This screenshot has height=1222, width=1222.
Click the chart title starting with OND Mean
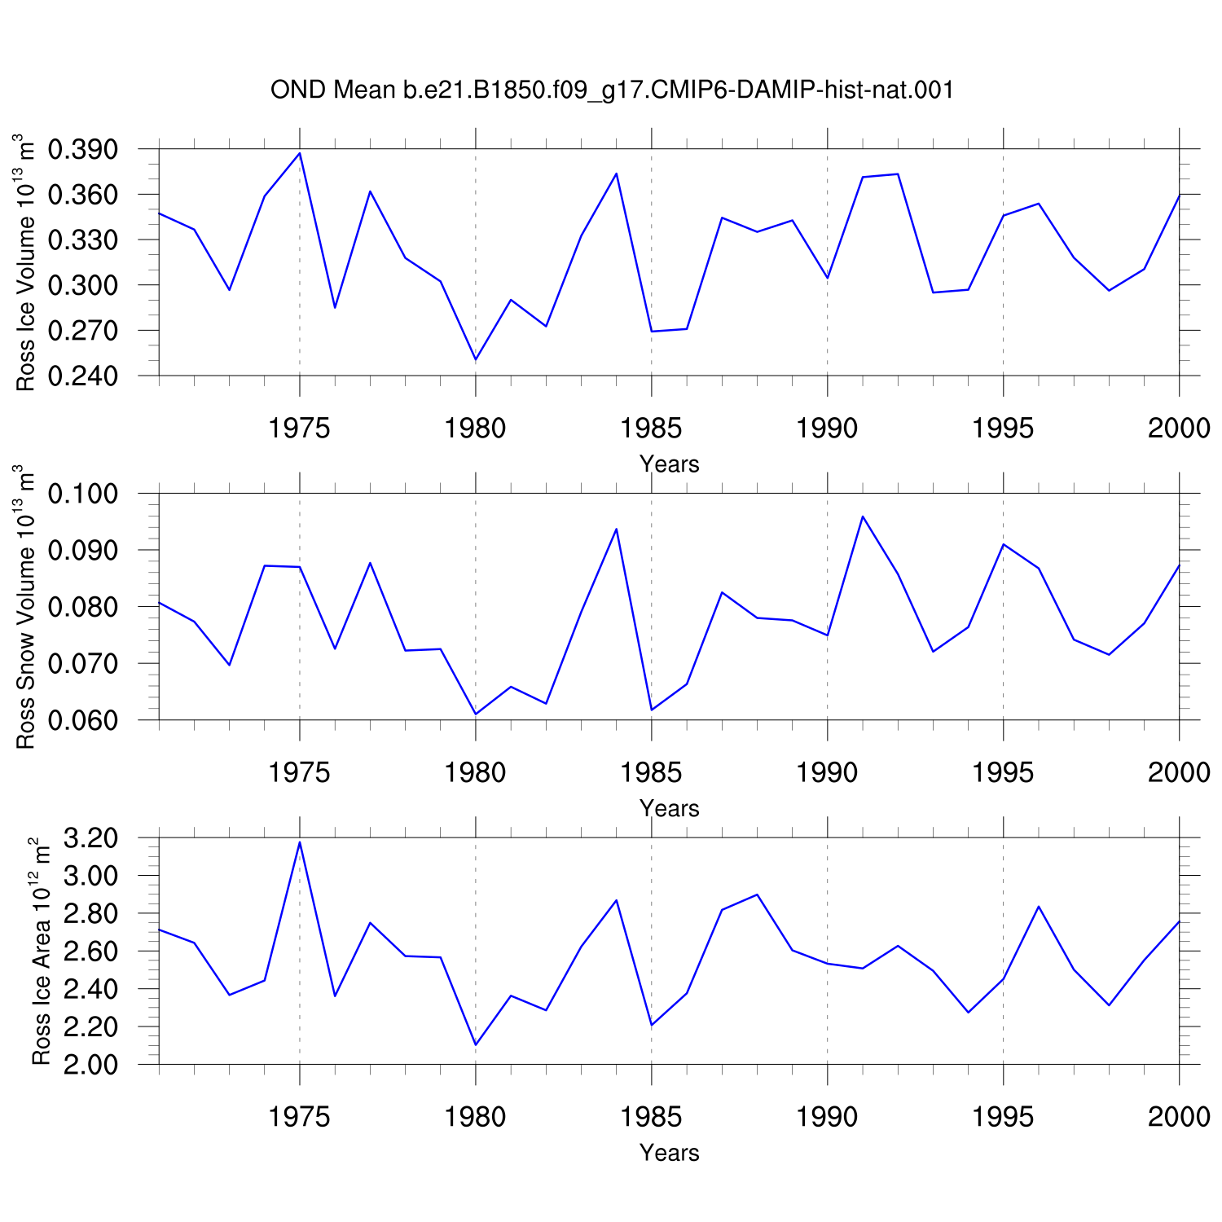pyautogui.click(x=612, y=90)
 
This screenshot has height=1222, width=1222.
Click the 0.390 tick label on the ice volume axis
pyautogui.click(x=83, y=150)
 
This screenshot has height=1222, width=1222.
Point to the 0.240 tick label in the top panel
pyautogui.click(x=83, y=376)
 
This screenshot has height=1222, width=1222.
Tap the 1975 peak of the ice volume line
pyautogui.click(x=300, y=153)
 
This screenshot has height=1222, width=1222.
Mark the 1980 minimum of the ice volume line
pyautogui.click(x=476, y=359)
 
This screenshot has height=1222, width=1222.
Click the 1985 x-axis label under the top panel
pyautogui.click(x=652, y=429)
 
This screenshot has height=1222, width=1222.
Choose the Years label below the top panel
pyautogui.click(x=670, y=464)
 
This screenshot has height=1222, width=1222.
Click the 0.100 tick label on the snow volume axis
pyautogui.click(x=83, y=494)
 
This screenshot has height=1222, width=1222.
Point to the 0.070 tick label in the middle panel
pyautogui.click(x=83, y=664)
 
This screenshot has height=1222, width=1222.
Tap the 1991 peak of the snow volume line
pyautogui.click(x=863, y=516)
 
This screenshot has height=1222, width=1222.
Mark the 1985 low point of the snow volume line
pyautogui.click(x=652, y=710)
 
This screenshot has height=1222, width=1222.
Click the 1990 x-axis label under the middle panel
pyautogui.click(x=828, y=772)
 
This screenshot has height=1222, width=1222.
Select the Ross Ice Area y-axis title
pyautogui.click(x=41, y=951)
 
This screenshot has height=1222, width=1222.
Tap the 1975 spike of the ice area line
pyautogui.click(x=300, y=842)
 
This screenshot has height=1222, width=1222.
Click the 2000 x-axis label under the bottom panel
pyautogui.click(x=1179, y=1116)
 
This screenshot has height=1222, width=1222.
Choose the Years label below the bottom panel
pyautogui.click(x=670, y=1153)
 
